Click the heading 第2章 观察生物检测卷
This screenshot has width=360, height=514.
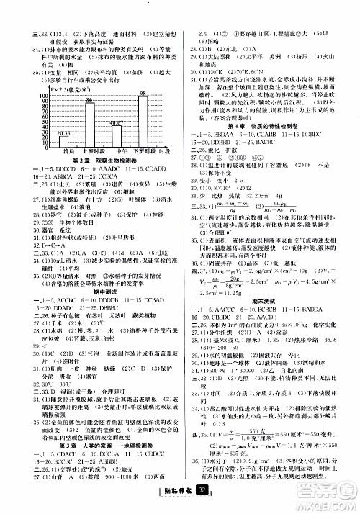tap(89, 162)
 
